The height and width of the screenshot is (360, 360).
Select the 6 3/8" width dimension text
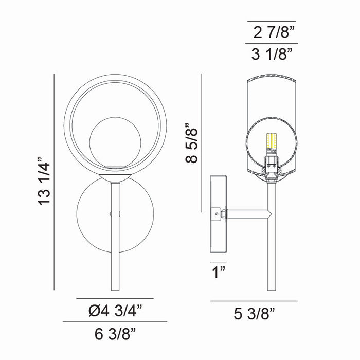click(115, 334)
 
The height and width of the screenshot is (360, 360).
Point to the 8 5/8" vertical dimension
click(191, 143)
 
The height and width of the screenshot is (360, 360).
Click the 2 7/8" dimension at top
click(274, 32)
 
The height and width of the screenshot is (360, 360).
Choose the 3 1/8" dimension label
click(272, 54)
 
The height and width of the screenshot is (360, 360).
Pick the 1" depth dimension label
click(219, 272)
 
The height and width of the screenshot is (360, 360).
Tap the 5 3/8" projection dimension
click(255, 314)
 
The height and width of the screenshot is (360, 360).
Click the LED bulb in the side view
click(272, 143)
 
